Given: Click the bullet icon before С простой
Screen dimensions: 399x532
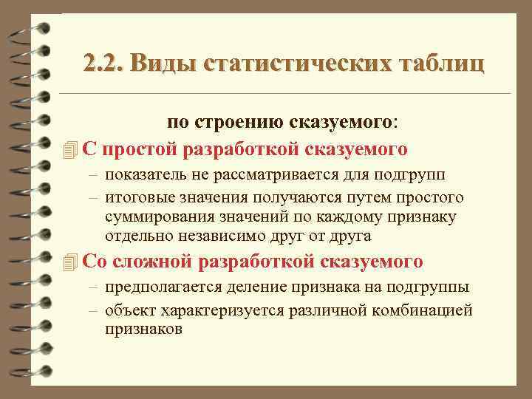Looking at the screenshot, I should (x=70, y=150).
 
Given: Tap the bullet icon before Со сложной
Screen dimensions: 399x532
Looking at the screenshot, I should (x=70, y=262).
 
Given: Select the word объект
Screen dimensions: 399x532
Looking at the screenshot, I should (x=129, y=310).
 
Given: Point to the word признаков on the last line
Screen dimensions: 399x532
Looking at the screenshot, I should (x=143, y=329).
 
